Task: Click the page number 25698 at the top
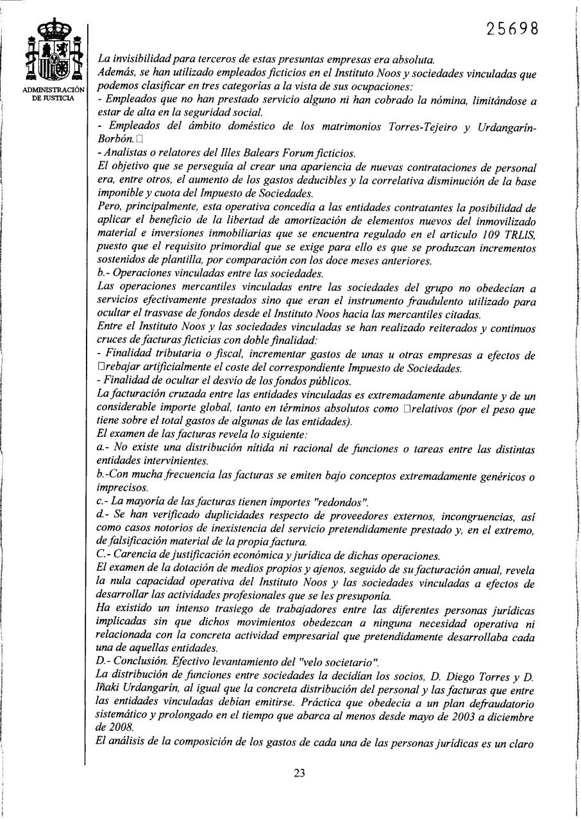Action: pyautogui.click(x=511, y=29)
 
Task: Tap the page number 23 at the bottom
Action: pyautogui.click(x=299, y=773)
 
